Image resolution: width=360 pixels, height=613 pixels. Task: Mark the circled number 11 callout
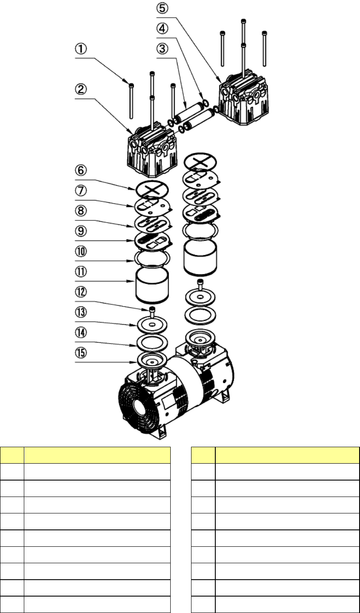[81, 272]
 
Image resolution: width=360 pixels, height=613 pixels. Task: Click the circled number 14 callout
[81, 333]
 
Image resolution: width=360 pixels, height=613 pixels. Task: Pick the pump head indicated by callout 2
[152, 149]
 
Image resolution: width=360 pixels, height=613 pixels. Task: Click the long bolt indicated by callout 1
[131, 100]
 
